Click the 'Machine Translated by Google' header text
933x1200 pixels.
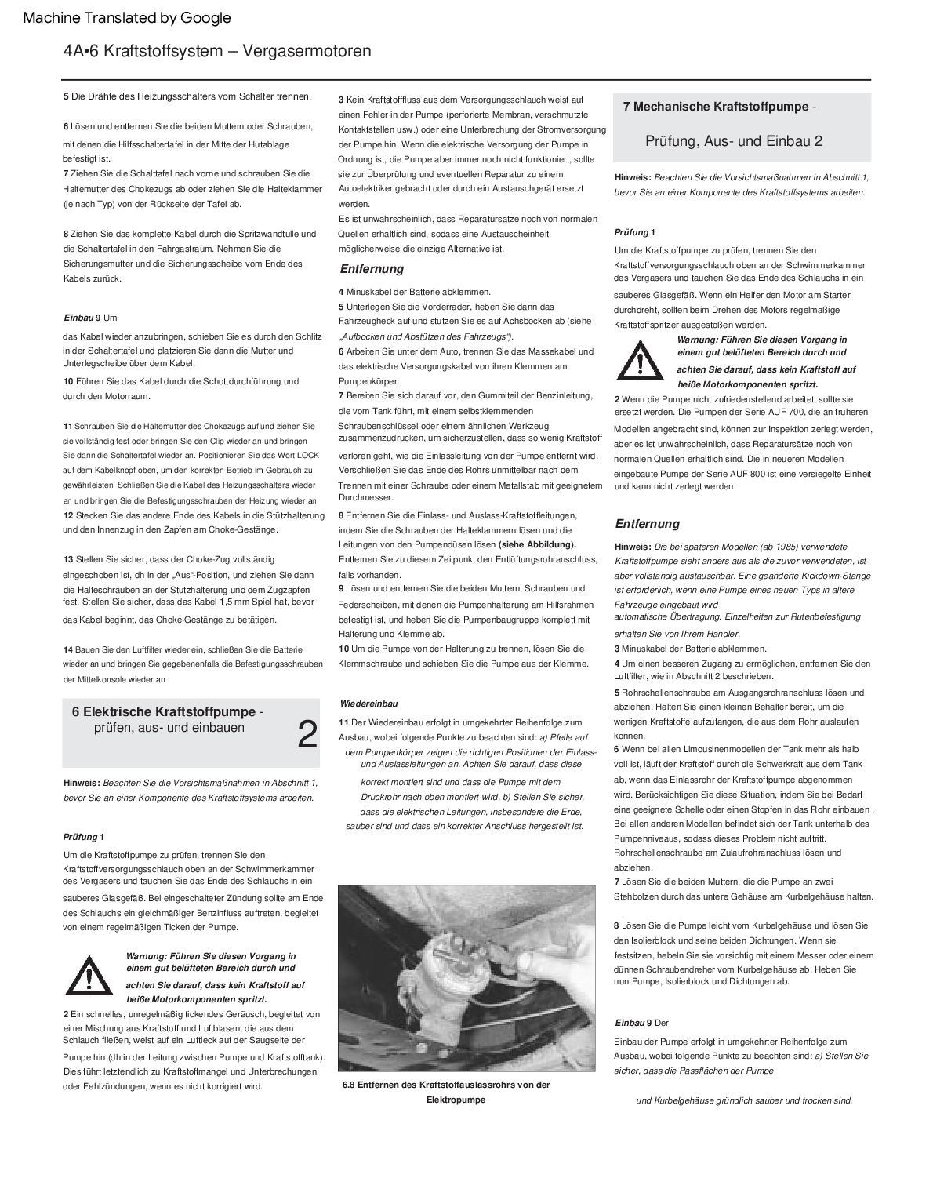tap(127, 17)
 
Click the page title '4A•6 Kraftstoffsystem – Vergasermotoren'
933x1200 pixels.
tap(217, 52)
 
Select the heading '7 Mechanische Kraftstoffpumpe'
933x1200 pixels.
tap(716, 107)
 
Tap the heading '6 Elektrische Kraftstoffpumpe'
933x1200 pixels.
tap(164, 712)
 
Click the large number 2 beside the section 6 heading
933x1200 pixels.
tap(308, 735)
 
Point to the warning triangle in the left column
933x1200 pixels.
tap(89, 976)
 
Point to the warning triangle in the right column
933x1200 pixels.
tap(641, 362)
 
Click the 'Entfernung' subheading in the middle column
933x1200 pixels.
tap(372, 269)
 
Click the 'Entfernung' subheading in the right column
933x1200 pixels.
tap(647, 524)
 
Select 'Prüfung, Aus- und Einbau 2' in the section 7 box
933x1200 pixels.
tap(734, 141)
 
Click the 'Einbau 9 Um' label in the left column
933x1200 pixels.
tap(90, 318)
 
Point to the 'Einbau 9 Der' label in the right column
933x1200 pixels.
tap(641, 1023)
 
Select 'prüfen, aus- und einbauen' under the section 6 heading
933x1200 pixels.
tap(169, 728)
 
